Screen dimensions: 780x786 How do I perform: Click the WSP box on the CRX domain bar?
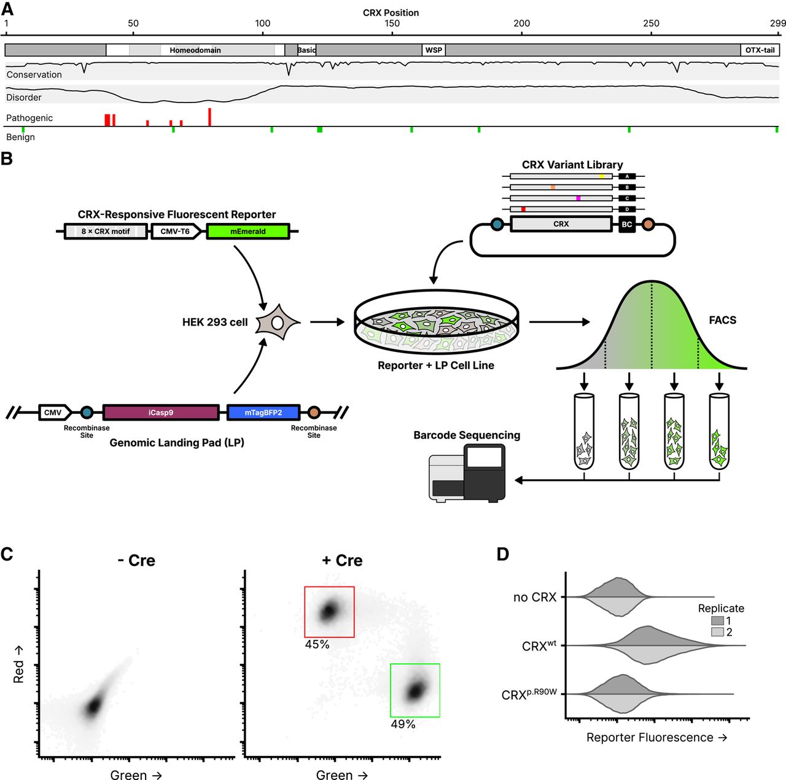pyautogui.click(x=434, y=50)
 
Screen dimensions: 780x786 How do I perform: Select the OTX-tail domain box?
pyautogui.click(x=760, y=50)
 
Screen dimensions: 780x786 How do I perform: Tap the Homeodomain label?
pyautogui.click(x=195, y=50)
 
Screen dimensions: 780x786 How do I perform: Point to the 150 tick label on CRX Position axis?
pyautogui.click(x=392, y=23)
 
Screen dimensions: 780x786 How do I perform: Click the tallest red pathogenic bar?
pyautogui.click(x=209, y=117)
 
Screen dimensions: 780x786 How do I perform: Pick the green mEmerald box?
pyautogui.click(x=247, y=232)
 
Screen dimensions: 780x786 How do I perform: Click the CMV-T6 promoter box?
pyautogui.click(x=176, y=232)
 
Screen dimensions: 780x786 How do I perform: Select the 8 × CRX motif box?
pyautogui.click(x=106, y=232)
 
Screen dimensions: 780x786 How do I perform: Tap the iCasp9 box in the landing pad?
pyautogui.click(x=160, y=413)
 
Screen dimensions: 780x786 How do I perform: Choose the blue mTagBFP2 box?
pyautogui.click(x=263, y=413)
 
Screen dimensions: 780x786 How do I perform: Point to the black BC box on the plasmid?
pyautogui.click(x=626, y=224)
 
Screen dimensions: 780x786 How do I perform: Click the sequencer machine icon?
pyautogui.click(x=467, y=474)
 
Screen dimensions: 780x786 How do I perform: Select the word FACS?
pyautogui.click(x=722, y=320)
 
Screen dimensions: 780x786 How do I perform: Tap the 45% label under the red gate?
pyautogui.click(x=317, y=644)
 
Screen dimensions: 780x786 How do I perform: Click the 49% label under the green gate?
pyautogui.click(x=403, y=724)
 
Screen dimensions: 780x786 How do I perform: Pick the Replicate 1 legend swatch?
pyautogui.click(x=717, y=620)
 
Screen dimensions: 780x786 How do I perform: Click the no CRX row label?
pyautogui.click(x=534, y=597)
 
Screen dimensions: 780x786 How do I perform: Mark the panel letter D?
pyautogui.click(x=502, y=554)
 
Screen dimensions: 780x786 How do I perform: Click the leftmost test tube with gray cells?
pyautogui.click(x=584, y=432)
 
